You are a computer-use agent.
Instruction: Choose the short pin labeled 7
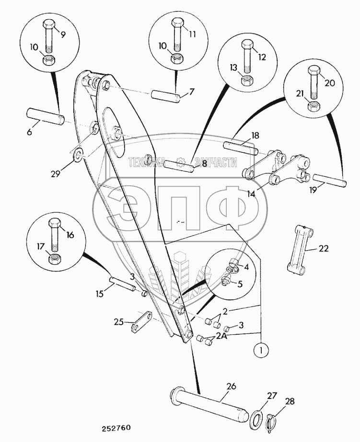tap(166, 96)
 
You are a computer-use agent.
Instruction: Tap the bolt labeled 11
tap(176, 36)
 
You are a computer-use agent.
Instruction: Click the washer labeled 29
tap(78, 155)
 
